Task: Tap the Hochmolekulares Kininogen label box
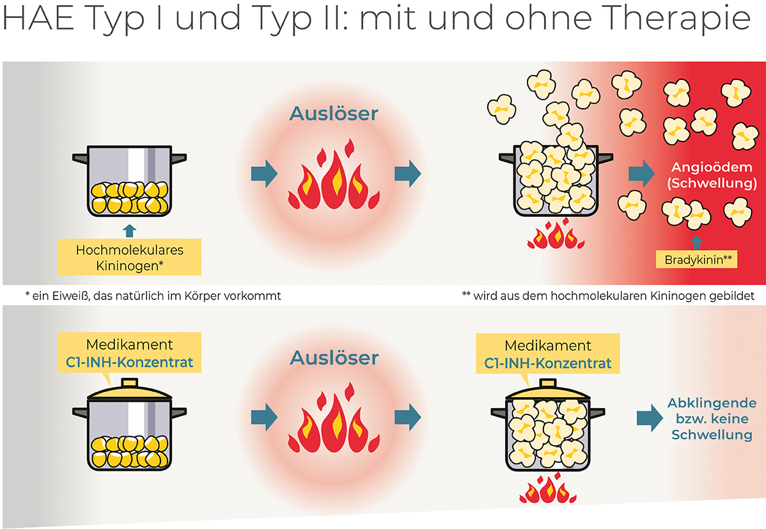(129, 257)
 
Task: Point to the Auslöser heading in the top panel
(334, 114)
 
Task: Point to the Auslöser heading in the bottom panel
(334, 358)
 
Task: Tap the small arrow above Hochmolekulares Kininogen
(129, 230)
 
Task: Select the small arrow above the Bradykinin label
(697, 242)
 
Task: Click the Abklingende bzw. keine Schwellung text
(712, 419)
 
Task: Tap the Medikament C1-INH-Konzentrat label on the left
(129, 354)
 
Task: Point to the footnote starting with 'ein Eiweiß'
(153, 296)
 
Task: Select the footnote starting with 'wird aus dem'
(607, 296)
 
